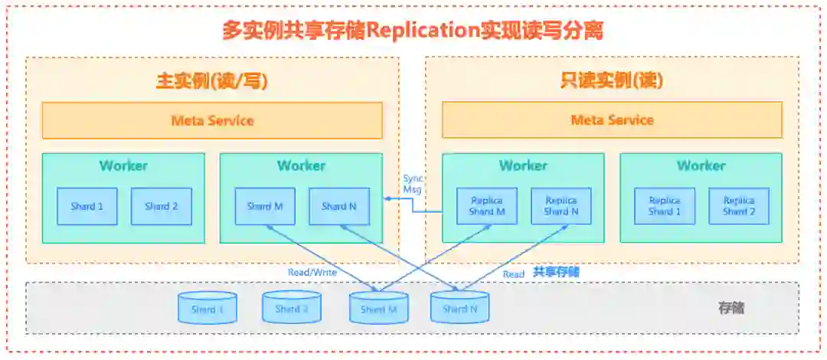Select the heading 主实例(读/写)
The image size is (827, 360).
coord(212,80)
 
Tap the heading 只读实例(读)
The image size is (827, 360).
coord(612,80)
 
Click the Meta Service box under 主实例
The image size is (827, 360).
coord(212,120)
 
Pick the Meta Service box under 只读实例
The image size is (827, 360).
coord(612,120)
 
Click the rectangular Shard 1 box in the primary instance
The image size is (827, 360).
coord(87,206)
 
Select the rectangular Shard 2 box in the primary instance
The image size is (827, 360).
coord(162,206)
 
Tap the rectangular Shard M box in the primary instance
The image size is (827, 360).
coord(265,206)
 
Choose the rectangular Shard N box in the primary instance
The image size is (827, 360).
coord(339,206)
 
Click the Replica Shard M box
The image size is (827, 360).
coord(487,206)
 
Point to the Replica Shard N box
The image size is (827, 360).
coord(561,206)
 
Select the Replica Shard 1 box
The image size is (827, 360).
coord(665,206)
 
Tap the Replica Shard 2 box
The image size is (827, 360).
coord(739,206)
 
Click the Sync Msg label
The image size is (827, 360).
coord(412,184)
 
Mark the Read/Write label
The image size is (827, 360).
coord(312,272)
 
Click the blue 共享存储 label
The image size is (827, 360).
coord(556,272)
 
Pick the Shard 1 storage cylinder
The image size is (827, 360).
coord(208,308)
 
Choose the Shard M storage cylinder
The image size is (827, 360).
coord(378,308)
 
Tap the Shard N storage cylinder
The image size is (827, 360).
coord(459,308)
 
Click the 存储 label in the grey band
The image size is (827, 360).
coord(731,308)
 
